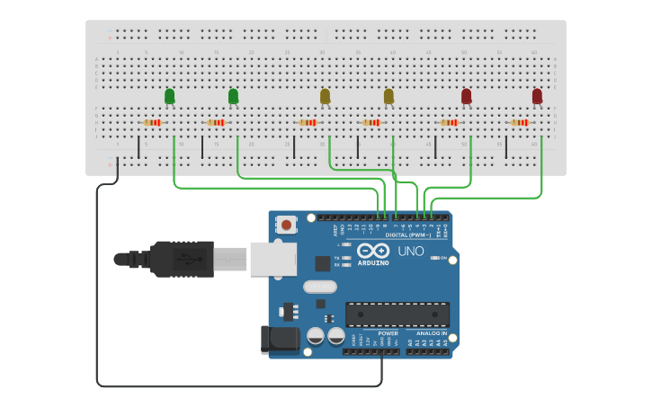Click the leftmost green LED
[169, 95]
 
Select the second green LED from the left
[233, 95]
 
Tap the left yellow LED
[326, 95]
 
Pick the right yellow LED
[389, 95]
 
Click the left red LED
[466, 95]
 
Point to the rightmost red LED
[537, 95]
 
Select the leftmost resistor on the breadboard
[152, 122]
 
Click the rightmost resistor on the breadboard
[520, 122]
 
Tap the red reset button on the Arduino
[287, 225]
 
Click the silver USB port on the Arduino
[272, 259]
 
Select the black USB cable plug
[180, 259]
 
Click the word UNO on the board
[411, 252]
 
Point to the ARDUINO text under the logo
[373, 263]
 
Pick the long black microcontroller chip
[397, 314]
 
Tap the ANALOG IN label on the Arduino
[431, 334]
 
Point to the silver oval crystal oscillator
[319, 288]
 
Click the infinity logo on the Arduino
[373, 251]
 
